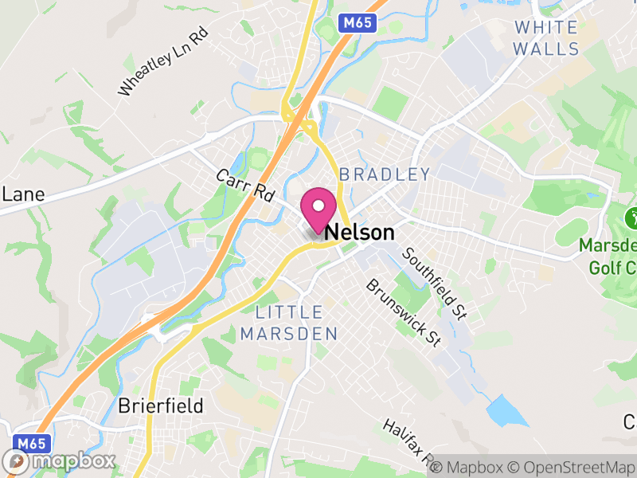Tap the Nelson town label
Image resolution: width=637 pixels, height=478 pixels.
pos(359,233)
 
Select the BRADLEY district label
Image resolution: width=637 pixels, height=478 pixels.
pos(385,174)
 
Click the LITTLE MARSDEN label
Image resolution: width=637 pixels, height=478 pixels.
pos(289,323)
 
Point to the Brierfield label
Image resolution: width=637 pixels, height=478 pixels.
pos(161,406)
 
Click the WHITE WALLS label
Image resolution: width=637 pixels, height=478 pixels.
pos(546,37)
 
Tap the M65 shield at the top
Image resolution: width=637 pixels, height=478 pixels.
pos(357,24)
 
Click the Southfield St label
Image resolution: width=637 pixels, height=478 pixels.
pos(434,283)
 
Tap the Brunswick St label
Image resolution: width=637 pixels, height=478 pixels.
pos(404,311)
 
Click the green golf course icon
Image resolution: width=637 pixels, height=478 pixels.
pos(635,216)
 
